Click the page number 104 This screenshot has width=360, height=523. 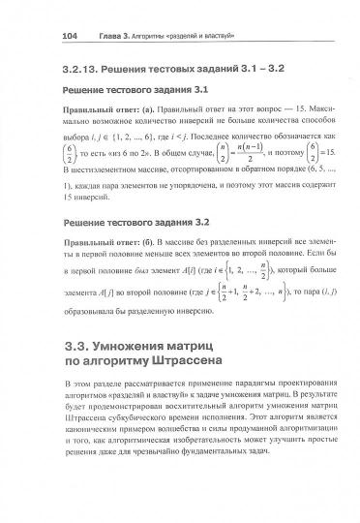pyautogui.click(x=41, y=39)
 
